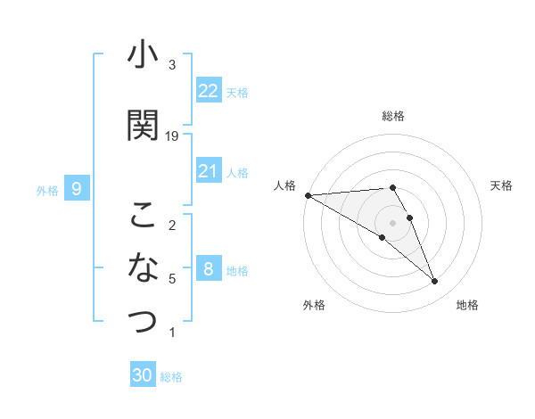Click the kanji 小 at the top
click(143, 56)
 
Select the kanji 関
click(143, 125)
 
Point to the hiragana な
click(143, 266)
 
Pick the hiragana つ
click(143, 320)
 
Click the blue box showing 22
click(209, 91)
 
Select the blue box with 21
click(209, 171)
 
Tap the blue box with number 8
click(209, 269)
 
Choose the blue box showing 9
click(77, 189)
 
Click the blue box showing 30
click(143, 375)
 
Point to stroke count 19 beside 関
click(172, 136)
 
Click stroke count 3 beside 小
click(172, 65)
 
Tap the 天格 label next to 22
click(237, 92)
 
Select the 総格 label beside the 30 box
click(171, 377)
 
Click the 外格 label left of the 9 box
click(47, 190)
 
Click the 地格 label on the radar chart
click(467, 305)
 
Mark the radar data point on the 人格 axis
click(308, 195)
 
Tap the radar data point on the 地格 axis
click(434, 282)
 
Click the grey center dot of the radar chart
click(392, 222)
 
